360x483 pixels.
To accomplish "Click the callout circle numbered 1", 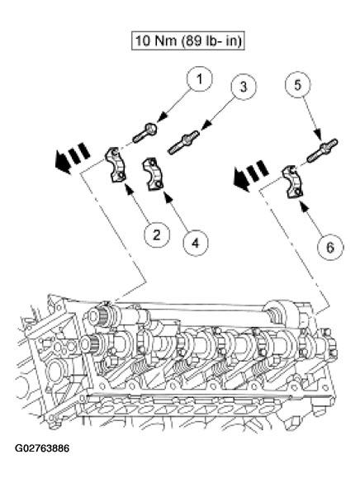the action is click(200, 79).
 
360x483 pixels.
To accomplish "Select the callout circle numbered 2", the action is click(157, 235).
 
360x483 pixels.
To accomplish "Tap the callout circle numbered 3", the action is click(244, 87).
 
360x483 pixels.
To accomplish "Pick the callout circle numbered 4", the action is click(195, 243).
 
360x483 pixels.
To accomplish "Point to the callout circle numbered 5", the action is click(297, 85).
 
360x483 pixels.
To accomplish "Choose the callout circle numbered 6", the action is click(329, 247).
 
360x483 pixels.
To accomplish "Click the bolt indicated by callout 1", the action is click(144, 133).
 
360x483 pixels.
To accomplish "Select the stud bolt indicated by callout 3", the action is click(184, 142).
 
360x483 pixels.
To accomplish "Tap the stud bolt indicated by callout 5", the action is click(322, 150).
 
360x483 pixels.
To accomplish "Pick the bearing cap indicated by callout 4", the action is click(153, 173).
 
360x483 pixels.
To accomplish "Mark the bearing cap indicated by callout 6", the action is click(292, 182).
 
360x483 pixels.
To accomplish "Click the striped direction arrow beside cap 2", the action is click(73, 158).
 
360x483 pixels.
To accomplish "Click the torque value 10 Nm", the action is click(155, 40).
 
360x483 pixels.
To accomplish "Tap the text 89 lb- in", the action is click(211, 40).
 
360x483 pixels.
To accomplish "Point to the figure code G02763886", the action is click(42, 448).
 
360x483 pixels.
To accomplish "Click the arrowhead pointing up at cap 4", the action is click(168, 197).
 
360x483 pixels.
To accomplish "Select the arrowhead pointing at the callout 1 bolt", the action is click(163, 118).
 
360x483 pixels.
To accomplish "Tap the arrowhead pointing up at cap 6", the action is click(305, 206).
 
